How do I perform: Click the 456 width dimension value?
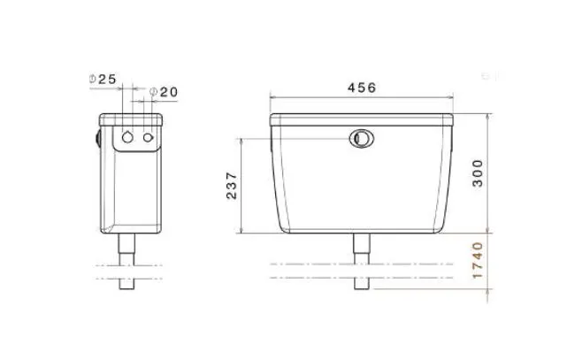[361, 88]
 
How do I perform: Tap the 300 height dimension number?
[479, 174]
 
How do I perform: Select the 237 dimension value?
[232, 185]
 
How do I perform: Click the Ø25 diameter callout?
[104, 79]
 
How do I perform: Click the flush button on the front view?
[361, 139]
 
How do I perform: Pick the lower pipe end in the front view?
[361, 284]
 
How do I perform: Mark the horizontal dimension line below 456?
[361, 98]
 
